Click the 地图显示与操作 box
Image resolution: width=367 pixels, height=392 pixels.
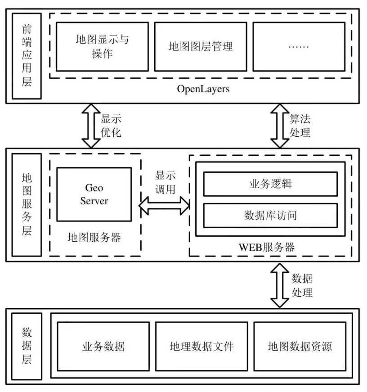tap(102, 46)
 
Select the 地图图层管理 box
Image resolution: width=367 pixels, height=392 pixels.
tap(201, 46)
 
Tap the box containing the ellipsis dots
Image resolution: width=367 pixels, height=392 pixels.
tap(299, 46)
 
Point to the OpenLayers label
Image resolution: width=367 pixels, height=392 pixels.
tap(204, 89)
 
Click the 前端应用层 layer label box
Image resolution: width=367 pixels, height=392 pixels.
tap(26, 56)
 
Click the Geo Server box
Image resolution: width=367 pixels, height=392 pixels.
tap(94, 194)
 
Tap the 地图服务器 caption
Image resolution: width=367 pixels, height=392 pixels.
tap(94, 237)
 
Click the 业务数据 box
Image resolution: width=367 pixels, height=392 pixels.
tap(103, 346)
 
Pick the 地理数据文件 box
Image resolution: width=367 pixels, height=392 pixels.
tap(201, 346)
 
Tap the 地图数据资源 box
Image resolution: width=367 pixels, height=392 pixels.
tap(299, 346)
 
